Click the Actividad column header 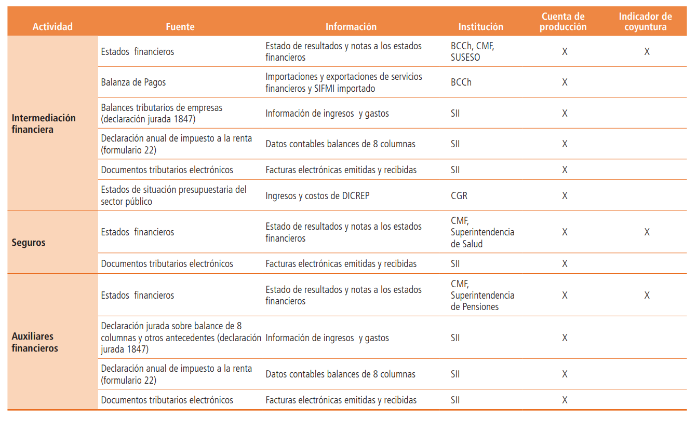[x=52, y=26]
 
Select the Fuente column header [x=180, y=26]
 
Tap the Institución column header [x=480, y=26]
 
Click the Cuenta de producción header [x=563, y=22]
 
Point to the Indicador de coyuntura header [x=645, y=22]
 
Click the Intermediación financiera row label [x=44, y=123]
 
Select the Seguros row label [x=29, y=242]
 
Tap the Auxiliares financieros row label [x=35, y=342]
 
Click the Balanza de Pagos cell [x=133, y=82]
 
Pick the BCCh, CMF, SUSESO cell [x=473, y=51]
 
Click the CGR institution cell [x=460, y=196]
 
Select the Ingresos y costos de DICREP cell [x=317, y=196]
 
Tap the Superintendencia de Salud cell [x=482, y=232]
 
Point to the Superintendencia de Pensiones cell [x=482, y=296]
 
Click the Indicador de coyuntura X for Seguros [x=647, y=232]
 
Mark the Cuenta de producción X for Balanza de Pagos [x=565, y=82]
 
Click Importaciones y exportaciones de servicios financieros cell [x=344, y=82]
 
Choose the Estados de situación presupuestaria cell [x=173, y=195]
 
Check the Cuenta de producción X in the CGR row [x=565, y=196]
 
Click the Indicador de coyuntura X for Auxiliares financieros [x=647, y=296]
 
